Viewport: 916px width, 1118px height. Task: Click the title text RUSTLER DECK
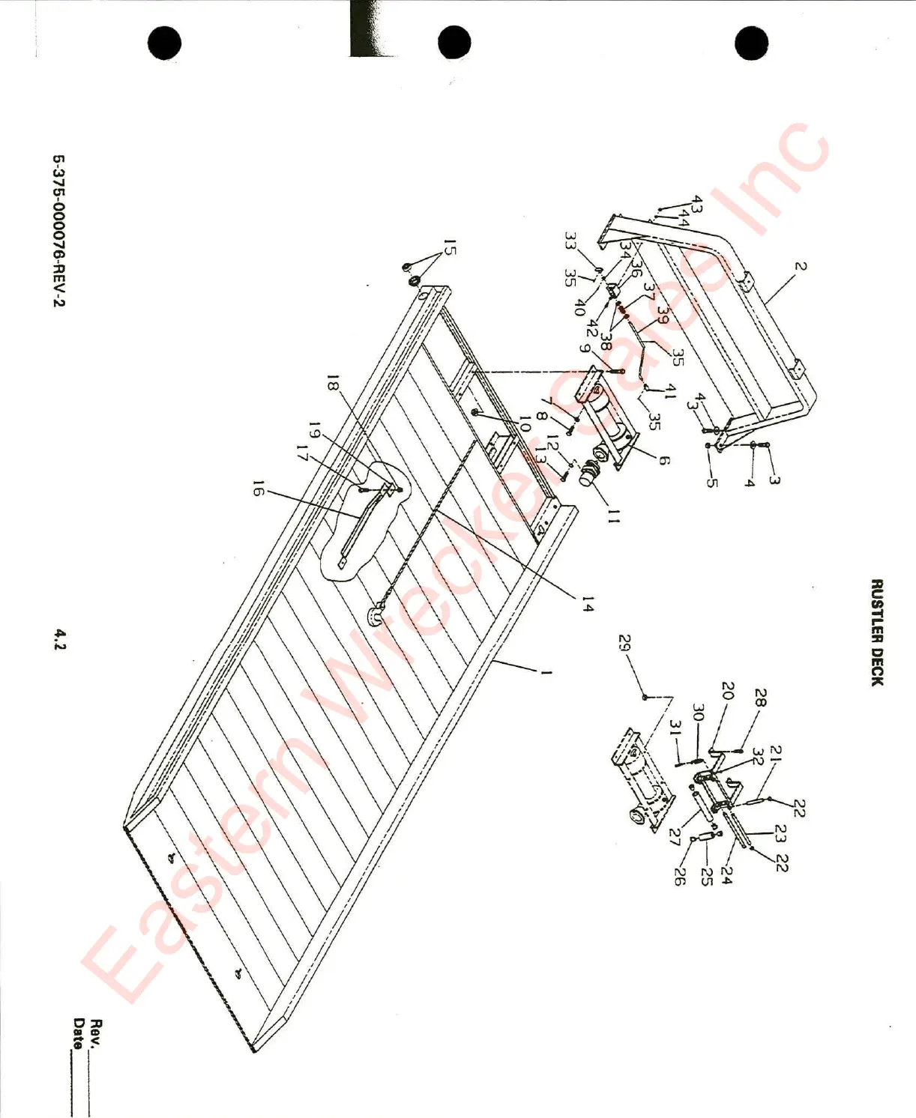click(x=877, y=632)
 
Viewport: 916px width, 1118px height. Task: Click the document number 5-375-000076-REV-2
click(x=58, y=231)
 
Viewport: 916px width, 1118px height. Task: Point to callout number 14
click(x=587, y=604)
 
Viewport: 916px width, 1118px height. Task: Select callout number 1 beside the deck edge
click(x=546, y=672)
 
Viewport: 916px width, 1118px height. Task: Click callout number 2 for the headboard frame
click(x=801, y=266)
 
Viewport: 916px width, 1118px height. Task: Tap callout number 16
click(x=259, y=491)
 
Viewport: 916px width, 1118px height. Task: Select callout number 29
click(x=624, y=644)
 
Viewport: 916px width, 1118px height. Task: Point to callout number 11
click(x=614, y=516)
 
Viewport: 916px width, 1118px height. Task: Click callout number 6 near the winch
click(x=663, y=459)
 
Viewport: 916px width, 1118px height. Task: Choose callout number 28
click(x=760, y=698)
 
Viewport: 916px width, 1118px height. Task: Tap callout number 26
click(x=679, y=876)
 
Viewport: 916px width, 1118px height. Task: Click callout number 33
click(x=570, y=241)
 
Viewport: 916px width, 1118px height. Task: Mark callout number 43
click(x=697, y=204)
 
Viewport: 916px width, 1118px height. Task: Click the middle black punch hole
click(x=454, y=42)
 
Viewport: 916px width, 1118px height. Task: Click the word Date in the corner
click(x=78, y=1033)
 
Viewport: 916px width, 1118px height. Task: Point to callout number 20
click(x=726, y=690)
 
